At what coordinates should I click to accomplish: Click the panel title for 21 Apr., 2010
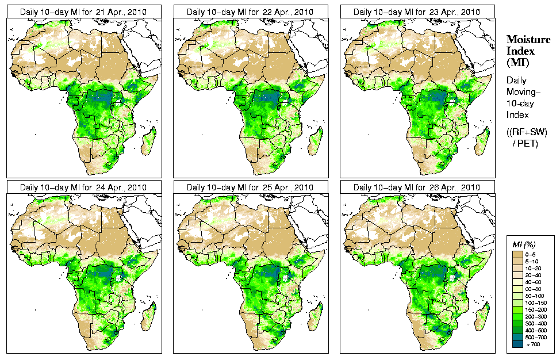[83, 12]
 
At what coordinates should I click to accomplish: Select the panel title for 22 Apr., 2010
[250, 12]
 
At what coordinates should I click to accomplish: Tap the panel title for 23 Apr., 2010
[417, 12]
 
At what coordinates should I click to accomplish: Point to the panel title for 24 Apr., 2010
[83, 187]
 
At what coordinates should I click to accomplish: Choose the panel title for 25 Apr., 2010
[250, 187]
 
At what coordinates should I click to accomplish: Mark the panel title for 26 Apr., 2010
[417, 187]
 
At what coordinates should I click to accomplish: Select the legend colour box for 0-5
[517, 254]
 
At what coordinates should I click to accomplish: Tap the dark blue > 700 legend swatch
[517, 343]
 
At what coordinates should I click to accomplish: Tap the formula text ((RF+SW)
[527, 132]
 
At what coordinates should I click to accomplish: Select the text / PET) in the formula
[525, 143]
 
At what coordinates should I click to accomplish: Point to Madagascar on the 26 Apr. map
[482, 318]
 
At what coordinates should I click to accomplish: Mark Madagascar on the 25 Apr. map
[315, 318]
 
